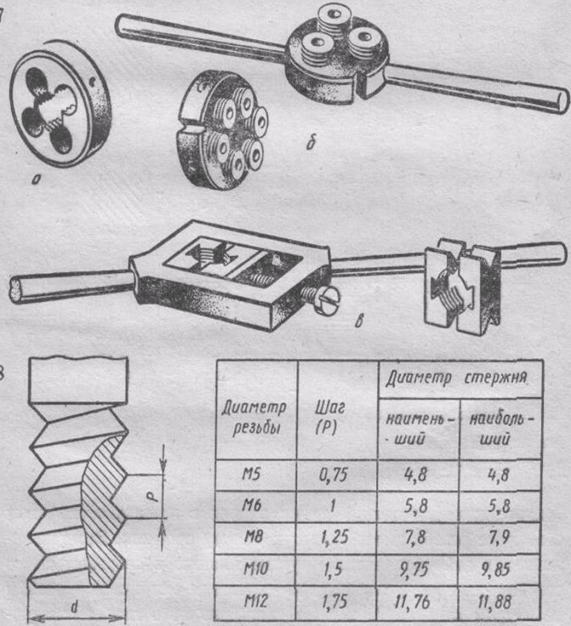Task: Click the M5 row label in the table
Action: [x=251, y=475]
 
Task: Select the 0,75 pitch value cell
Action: [x=333, y=475]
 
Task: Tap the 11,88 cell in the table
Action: [x=494, y=602]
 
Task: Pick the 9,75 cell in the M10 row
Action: [x=414, y=569]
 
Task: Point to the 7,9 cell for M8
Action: [x=499, y=538]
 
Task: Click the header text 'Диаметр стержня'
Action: [x=456, y=378]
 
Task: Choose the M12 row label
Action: [x=255, y=601]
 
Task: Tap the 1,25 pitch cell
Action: [x=335, y=537]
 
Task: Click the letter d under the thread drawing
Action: [x=74, y=607]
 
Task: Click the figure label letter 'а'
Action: [x=36, y=181]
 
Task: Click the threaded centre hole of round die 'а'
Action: [x=54, y=109]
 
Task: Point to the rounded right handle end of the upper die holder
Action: [x=560, y=103]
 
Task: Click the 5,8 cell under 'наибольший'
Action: [x=499, y=506]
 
